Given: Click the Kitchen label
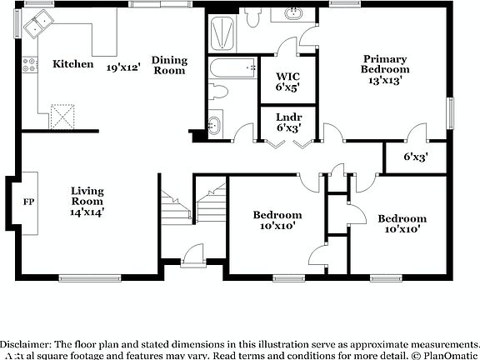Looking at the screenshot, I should tap(72, 64).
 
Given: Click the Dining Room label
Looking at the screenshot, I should tap(168, 65).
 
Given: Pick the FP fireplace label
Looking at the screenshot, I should tap(28, 202).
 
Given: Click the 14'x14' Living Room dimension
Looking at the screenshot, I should tap(87, 212).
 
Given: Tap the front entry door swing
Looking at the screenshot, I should tap(192, 252).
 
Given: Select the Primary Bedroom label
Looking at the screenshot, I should tap(384, 64).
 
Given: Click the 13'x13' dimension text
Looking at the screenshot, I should tap(384, 81).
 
